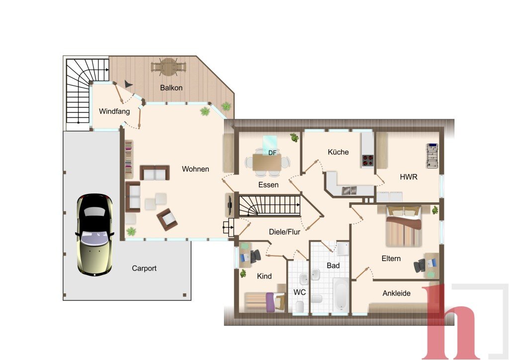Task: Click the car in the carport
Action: pos(95,235)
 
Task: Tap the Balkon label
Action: pos(171,88)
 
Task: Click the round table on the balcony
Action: pos(168,67)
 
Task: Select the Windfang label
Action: pos(114,111)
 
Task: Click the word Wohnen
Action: pos(195,169)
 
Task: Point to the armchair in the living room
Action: pos(167,219)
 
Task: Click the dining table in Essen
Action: pos(267,162)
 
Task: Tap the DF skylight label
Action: pos(272,153)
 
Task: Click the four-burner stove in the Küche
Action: pos(368,161)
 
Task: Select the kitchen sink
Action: pos(349,190)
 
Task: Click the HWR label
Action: pos(409,177)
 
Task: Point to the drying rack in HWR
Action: pos(432,156)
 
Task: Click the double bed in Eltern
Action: pos(404,226)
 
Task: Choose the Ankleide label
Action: pos(396,293)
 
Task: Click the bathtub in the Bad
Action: pos(341,294)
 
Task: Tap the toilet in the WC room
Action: pos(300,306)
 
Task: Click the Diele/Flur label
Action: pos(284,232)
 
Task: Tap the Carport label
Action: pos(144,269)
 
